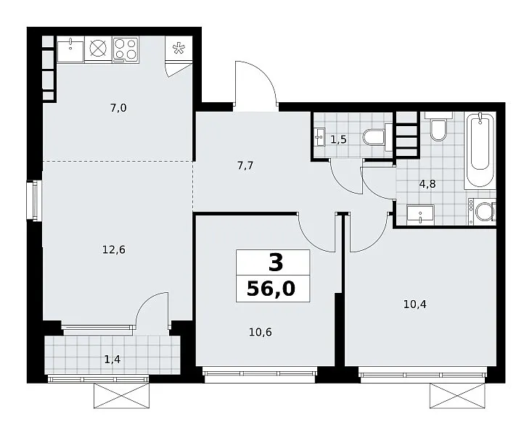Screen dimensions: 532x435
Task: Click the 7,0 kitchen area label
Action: pyautogui.click(x=118, y=108)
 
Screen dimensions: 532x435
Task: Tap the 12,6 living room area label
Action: pyautogui.click(x=114, y=250)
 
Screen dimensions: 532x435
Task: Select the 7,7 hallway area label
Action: pyautogui.click(x=245, y=166)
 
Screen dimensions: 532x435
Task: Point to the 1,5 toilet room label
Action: pyautogui.click(x=338, y=139)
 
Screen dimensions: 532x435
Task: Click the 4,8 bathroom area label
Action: pyautogui.click(x=427, y=184)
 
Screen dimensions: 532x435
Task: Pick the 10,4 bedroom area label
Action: pyautogui.click(x=414, y=304)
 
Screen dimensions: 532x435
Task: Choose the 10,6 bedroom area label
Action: pyautogui.click(x=261, y=332)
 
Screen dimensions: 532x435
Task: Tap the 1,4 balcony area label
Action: pyautogui.click(x=112, y=360)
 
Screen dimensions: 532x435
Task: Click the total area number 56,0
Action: pyautogui.click(x=271, y=289)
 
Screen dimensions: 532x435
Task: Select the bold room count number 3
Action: pyautogui.click(x=276, y=263)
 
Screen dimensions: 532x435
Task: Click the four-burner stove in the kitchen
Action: pyautogui.click(x=126, y=49)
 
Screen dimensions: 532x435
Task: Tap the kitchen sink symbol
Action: pyautogui.click(x=70, y=50)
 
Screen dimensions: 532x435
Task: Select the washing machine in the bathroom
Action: pyautogui.click(x=482, y=211)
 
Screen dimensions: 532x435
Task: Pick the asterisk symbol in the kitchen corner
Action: pyautogui.click(x=177, y=49)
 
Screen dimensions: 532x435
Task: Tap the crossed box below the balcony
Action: pyautogui.click(x=121, y=396)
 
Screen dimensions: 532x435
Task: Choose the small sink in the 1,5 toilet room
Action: pyautogui.click(x=320, y=137)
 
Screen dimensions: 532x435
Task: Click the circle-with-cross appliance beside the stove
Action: pyautogui.click(x=98, y=49)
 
